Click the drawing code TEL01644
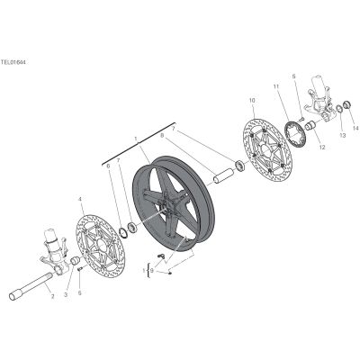click(13, 62)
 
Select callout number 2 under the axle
click(52, 297)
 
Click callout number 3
click(66, 294)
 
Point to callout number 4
click(80, 199)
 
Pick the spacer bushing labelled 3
click(75, 260)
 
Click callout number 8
click(162, 136)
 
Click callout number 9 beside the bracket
click(152, 271)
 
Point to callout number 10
click(252, 100)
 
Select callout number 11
click(276, 86)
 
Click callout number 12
click(322, 148)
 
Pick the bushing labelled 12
click(310, 125)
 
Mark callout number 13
click(343, 135)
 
